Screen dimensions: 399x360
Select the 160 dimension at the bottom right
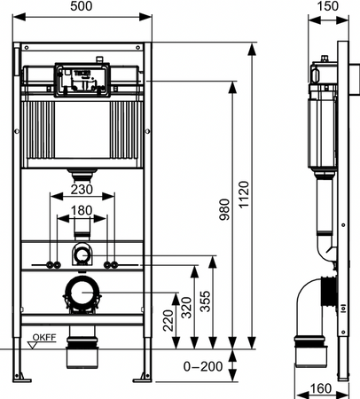pyautogui.click(x=323, y=387)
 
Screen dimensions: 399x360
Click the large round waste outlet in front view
pyautogui.click(x=83, y=290)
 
